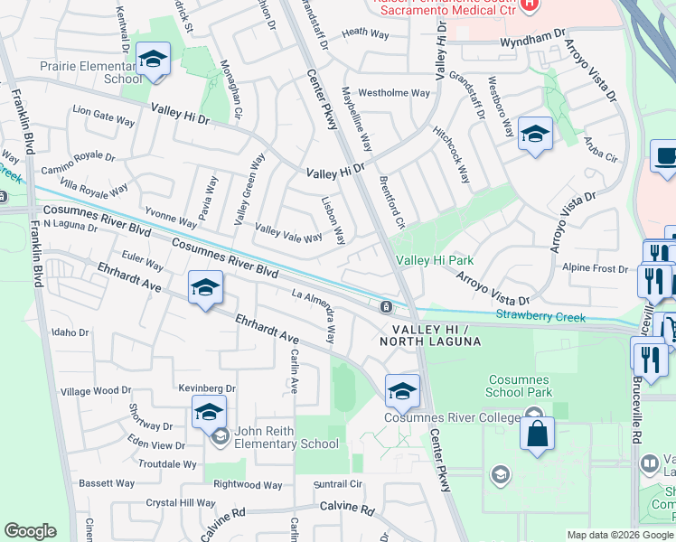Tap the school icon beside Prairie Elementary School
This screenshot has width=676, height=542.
pyautogui.click(x=153, y=60)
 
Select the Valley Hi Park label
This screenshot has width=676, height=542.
pyautogui.click(x=435, y=260)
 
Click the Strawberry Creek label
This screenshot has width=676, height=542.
pyautogui.click(x=540, y=317)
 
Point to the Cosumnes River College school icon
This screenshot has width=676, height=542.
pyautogui.click(x=402, y=391)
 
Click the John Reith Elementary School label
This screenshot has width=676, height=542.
pyautogui.click(x=286, y=437)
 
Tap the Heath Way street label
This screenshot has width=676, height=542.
pyautogui.click(x=366, y=33)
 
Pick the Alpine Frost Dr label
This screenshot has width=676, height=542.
pyautogui.click(x=595, y=269)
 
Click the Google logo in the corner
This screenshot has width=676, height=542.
pyautogui.click(x=30, y=531)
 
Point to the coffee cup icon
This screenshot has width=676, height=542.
pyautogui.click(x=666, y=156)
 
